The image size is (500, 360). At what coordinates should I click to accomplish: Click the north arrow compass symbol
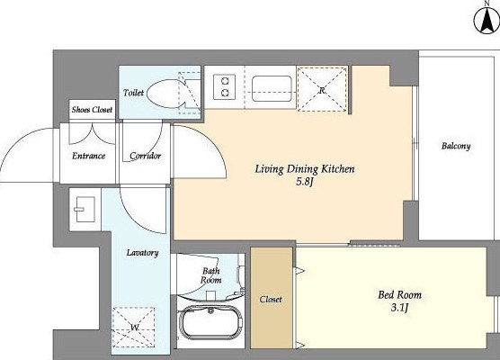487,21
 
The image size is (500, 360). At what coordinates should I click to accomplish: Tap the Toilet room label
133,93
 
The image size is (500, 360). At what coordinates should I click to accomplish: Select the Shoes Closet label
92,110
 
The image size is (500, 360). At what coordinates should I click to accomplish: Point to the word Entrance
89,156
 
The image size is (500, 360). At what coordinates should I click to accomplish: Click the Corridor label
145,156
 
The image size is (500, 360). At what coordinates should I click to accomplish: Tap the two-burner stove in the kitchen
225,87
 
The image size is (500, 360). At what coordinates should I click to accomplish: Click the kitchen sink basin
272,88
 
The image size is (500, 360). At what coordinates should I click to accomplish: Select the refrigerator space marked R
322,89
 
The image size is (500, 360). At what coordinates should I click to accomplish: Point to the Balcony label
456,146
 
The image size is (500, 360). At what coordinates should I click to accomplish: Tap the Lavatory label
142,253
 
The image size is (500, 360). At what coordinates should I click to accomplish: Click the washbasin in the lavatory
85,210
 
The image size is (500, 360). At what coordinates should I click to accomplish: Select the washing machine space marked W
134,327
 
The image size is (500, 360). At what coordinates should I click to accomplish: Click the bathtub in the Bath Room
210,322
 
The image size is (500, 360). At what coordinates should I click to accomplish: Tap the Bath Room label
210,275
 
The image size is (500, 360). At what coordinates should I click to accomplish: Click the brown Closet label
271,300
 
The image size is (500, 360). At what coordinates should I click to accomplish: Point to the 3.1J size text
399,308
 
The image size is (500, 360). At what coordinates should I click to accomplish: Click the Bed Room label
399,294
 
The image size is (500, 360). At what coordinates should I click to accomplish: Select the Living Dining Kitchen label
305,169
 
